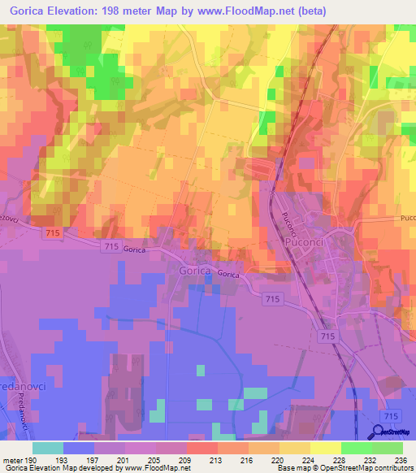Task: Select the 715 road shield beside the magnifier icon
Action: pos(394,414)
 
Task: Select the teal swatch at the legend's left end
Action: pos(48,448)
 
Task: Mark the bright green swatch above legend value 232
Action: pos(356,448)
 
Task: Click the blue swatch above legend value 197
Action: pos(79,448)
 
